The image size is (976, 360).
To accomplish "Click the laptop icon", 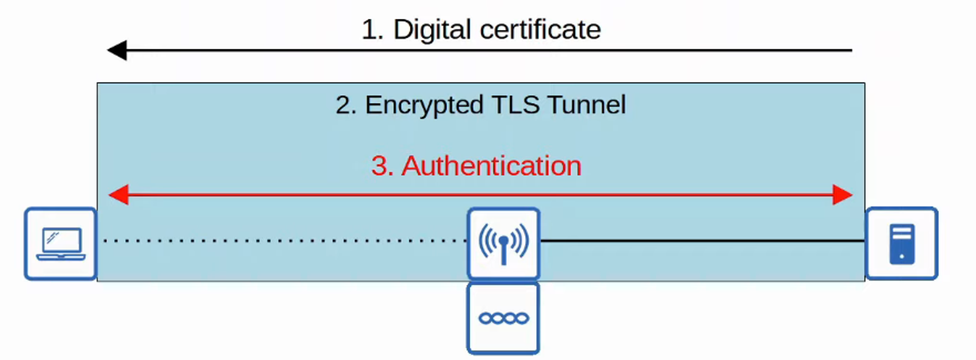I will [61, 244].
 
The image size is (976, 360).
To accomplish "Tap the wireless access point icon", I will [504, 243].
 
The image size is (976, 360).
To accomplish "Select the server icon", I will [902, 244].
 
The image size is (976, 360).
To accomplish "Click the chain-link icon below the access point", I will [504, 318].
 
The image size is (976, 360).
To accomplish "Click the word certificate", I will [540, 29].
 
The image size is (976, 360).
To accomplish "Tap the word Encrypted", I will [424, 105].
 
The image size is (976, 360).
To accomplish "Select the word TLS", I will [515, 105].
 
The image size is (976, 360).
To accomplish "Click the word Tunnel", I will [587, 105].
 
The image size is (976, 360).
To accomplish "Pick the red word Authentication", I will [491, 166].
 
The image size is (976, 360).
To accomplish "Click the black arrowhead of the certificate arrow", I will [117, 50].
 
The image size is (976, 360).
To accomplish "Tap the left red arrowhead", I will [119, 195].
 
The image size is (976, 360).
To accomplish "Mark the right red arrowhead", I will [842, 195].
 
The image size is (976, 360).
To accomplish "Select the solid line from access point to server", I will [701, 241].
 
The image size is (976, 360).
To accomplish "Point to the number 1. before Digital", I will [372, 29].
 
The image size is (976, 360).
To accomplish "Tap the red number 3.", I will [382, 166].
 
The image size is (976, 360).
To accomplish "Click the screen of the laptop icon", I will [62, 241].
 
